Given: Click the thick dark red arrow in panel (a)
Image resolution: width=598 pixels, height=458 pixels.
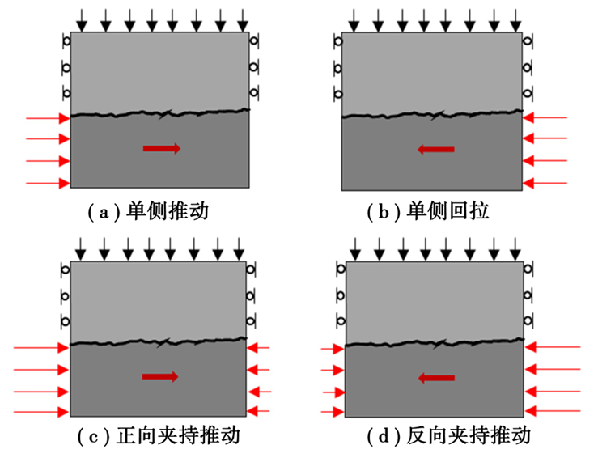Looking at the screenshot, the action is (x=162, y=148).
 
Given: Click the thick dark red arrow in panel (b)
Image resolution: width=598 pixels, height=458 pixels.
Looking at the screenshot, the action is (x=436, y=149).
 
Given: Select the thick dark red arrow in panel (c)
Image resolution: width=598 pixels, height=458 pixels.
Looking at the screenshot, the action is (x=160, y=377).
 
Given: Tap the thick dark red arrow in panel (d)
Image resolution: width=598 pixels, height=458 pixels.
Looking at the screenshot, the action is (x=437, y=378).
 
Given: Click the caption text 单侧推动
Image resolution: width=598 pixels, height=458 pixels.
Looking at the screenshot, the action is (x=168, y=211).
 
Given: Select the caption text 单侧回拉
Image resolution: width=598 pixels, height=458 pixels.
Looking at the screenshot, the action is (x=447, y=211).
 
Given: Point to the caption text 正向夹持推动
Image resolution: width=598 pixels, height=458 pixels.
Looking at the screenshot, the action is (x=179, y=435).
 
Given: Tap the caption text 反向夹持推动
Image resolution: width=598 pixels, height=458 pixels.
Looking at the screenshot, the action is (x=469, y=435).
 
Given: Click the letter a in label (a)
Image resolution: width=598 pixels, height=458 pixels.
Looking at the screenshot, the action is (x=104, y=213).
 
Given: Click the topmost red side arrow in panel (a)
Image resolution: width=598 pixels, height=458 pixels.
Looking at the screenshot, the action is (x=48, y=118).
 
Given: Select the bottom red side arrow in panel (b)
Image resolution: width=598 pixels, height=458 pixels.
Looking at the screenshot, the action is (x=545, y=184).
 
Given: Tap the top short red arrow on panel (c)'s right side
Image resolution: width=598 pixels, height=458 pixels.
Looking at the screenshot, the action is (x=259, y=348).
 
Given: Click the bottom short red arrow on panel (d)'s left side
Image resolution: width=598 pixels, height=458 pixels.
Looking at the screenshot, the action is (x=333, y=412).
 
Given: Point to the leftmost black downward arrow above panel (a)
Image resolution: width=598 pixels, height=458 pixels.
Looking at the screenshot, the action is (x=82, y=20).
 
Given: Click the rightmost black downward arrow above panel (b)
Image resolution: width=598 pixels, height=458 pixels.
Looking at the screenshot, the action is (x=515, y=20).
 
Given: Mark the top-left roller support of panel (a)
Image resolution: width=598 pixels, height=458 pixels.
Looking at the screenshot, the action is (x=66, y=40).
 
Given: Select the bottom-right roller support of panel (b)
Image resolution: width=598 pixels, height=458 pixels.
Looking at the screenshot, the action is (x=528, y=93).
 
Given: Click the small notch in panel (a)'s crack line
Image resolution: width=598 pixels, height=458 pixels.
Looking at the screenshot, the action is (x=166, y=113).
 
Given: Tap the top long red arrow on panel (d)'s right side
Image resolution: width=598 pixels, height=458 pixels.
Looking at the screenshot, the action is (x=553, y=347).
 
